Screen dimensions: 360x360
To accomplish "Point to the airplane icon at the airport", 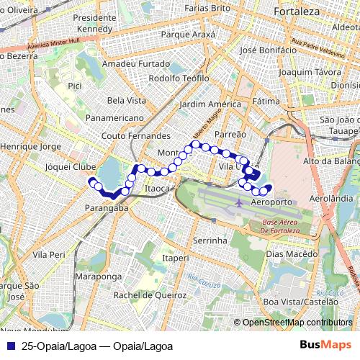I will (238, 203).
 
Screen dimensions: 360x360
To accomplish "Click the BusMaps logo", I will (320, 346).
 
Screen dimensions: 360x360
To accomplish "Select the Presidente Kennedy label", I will (94, 23).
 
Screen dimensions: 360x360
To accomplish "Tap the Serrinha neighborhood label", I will (210, 240).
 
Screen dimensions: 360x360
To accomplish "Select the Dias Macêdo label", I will (291, 254).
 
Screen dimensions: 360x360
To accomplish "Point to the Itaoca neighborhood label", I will (156, 189).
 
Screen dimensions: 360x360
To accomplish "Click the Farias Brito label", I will (207, 8).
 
